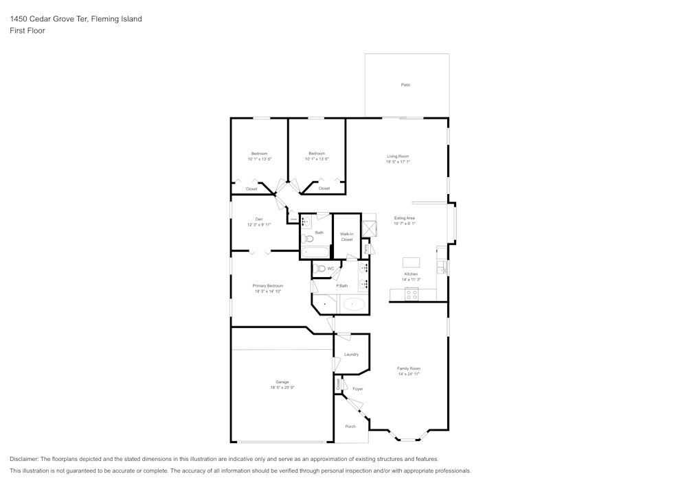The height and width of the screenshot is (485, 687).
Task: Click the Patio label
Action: (x=405, y=85)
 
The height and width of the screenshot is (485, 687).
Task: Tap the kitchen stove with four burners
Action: (x=412, y=294)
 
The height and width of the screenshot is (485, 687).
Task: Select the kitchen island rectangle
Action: (x=412, y=262)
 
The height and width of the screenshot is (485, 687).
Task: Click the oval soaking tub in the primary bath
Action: (x=354, y=304)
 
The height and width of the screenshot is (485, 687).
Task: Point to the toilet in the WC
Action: (x=321, y=268)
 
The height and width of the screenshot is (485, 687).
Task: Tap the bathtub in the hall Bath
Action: (x=315, y=251)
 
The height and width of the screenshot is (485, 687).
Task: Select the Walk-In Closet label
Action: (x=346, y=237)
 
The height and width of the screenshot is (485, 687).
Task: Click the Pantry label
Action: (x=366, y=247)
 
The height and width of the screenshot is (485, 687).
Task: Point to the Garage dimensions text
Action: (x=282, y=388)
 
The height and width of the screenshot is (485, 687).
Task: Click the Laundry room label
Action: (x=351, y=354)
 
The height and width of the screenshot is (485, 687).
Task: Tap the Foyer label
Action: (x=358, y=389)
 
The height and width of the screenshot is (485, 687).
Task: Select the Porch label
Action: (x=350, y=426)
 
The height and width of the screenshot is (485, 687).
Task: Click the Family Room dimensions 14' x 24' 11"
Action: (x=408, y=374)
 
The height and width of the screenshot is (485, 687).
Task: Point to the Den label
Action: (x=258, y=219)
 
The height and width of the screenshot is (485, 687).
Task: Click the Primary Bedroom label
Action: (x=267, y=285)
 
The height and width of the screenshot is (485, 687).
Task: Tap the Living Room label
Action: (x=398, y=156)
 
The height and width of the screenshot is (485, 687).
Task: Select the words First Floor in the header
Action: (x=27, y=31)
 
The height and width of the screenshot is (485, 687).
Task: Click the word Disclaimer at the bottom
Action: (x=24, y=459)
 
